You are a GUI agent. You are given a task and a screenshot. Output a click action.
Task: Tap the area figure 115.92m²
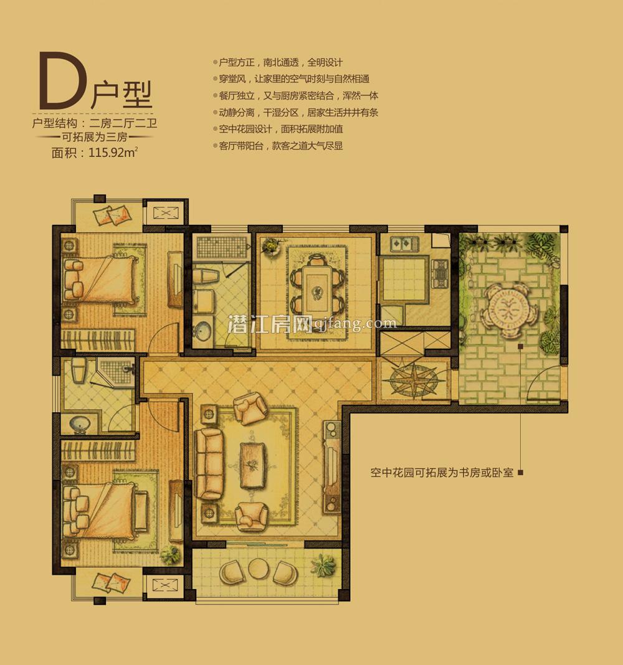coord(113,153)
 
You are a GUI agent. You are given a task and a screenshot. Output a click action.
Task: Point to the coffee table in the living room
coord(254,465)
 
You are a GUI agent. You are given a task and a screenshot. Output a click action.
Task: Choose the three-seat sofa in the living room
coord(209,463)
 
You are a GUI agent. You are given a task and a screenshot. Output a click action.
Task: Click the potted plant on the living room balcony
coord(325,565)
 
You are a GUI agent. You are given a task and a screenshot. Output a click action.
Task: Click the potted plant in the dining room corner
coord(271,246)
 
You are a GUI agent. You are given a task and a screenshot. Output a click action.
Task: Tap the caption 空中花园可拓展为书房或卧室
coord(442,473)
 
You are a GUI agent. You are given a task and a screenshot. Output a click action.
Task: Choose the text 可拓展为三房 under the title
coord(95,137)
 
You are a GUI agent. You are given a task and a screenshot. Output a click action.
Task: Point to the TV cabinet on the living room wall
coord(332,466)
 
